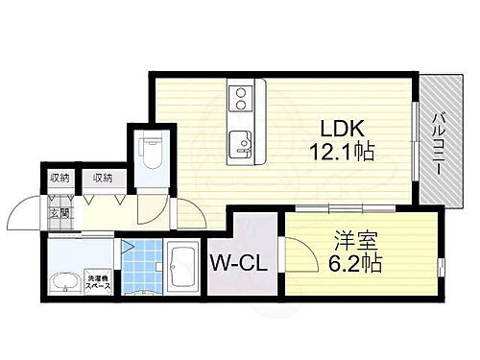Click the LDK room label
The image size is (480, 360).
[341, 128]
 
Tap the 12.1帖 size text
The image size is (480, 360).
[341, 152]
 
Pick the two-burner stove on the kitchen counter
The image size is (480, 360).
[239, 97]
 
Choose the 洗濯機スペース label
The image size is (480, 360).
[98, 280]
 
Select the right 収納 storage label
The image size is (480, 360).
[101, 178]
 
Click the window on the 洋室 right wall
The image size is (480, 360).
[441, 263]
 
